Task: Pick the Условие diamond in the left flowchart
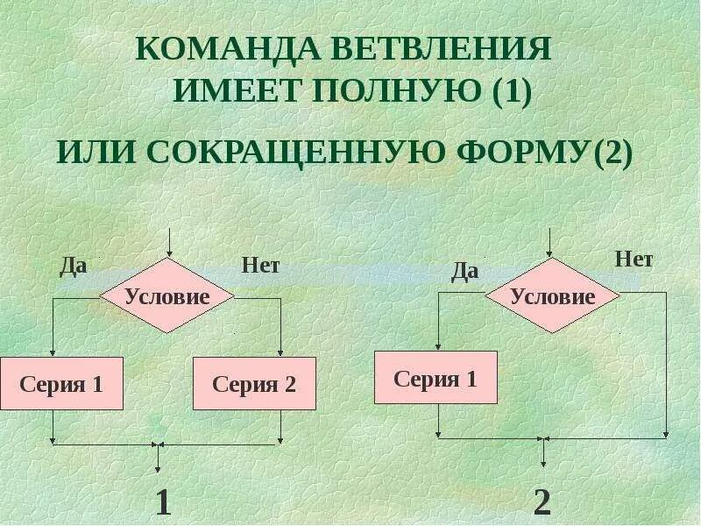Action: point(167,296)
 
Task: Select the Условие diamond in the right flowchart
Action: point(553,296)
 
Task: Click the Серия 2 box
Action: point(254,383)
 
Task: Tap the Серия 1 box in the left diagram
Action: point(61,383)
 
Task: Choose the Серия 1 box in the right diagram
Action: point(435,378)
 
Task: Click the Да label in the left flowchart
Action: point(73,266)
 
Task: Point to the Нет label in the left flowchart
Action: point(260,265)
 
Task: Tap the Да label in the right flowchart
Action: point(464,271)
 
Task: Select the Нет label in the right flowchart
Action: point(634,259)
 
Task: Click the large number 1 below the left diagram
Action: point(162,502)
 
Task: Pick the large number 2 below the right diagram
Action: point(542,502)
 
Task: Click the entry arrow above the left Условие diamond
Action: point(167,241)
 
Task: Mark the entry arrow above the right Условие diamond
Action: point(550,241)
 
